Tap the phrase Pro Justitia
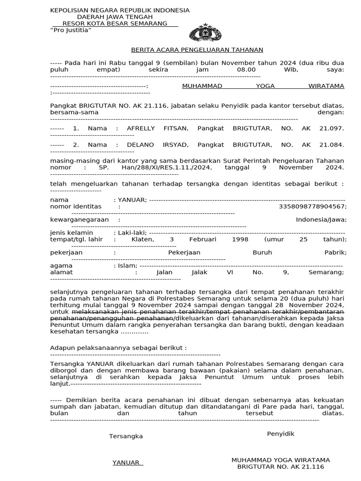(x=71, y=30)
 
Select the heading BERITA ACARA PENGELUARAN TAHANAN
(x=197, y=50)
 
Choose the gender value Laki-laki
(x=132, y=233)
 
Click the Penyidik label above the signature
(x=281, y=434)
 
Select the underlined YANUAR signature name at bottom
(x=126, y=463)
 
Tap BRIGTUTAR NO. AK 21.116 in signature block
(x=281, y=467)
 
